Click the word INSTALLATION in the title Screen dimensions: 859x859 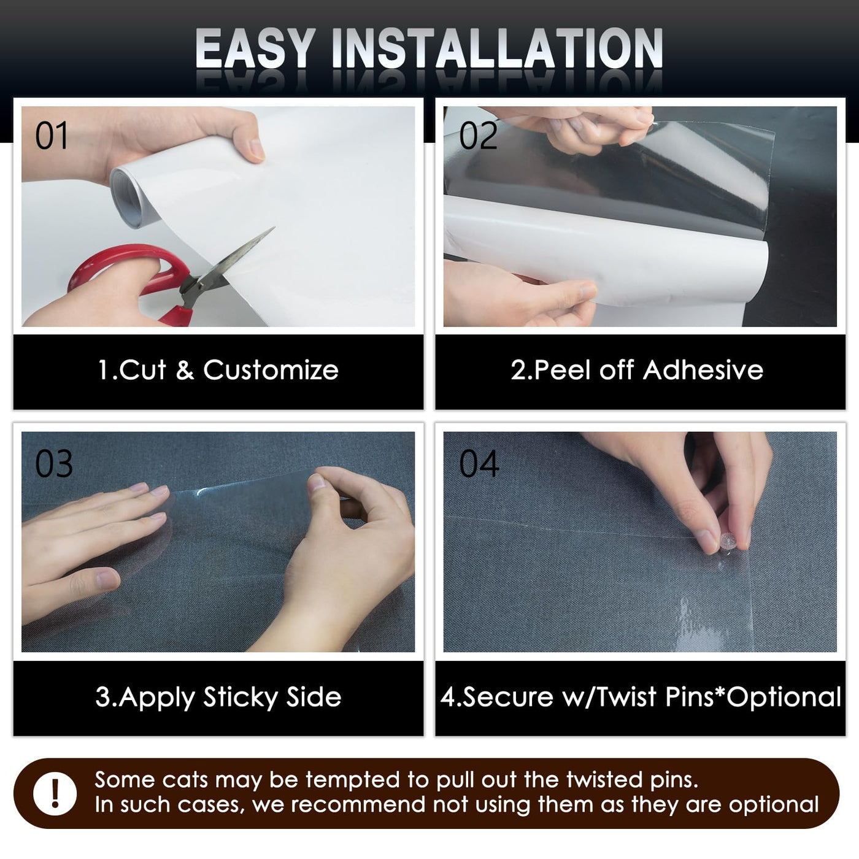(x=497, y=48)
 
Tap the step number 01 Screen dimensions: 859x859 (x=52, y=136)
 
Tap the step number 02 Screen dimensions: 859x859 (x=478, y=136)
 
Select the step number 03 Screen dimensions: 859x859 (x=54, y=464)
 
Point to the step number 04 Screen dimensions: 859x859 (x=479, y=464)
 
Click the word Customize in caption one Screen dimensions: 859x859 (x=271, y=370)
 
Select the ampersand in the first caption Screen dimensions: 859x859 (x=185, y=371)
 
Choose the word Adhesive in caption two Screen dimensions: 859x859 (x=703, y=370)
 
